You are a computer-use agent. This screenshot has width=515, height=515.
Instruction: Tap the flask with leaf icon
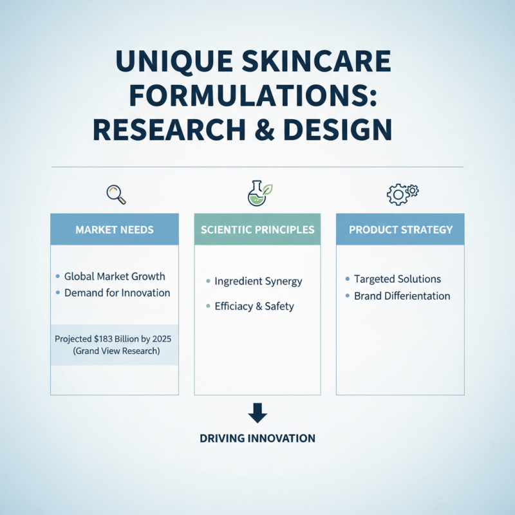(x=259, y=193)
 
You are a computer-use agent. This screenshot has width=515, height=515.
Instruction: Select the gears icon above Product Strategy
(x=402, y=193)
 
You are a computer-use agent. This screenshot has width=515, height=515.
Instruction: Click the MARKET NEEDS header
(x=114, y=229)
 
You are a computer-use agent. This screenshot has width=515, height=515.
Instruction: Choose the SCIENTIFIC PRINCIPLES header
(x=257, y=229)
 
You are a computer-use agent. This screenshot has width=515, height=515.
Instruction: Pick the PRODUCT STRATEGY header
(x=400, y=229)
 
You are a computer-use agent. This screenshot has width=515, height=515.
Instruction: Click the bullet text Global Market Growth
(x=115, y=276)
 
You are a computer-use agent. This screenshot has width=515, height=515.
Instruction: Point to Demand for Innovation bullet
(x=117, y=293)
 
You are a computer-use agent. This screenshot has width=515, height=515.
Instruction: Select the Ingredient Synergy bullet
(x=258, y=281)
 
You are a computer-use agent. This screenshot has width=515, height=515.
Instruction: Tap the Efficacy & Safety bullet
(x=254, y=306)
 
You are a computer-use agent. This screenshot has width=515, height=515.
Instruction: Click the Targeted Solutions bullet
(x=397, y=279)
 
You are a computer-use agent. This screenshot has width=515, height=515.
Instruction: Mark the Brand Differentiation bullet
(x=402, y=296)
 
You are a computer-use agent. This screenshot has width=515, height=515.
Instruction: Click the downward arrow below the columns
(x=257, y=413)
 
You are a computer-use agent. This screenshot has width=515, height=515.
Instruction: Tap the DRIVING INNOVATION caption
(x=257, y=438)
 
